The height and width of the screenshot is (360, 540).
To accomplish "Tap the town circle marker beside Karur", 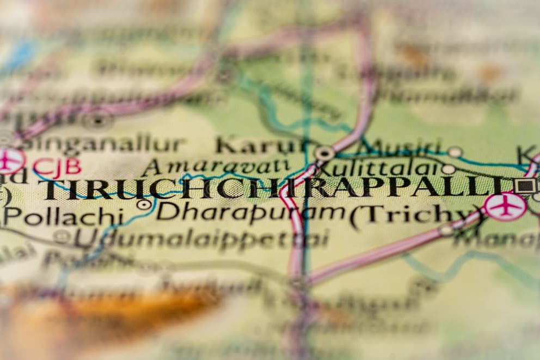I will [x=325, y=154].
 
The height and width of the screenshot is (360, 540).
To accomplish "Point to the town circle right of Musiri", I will [x=455, y=152].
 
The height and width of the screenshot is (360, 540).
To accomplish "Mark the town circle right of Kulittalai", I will [x=448, y=169].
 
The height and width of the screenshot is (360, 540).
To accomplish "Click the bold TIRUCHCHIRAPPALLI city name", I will [x=272, y=188].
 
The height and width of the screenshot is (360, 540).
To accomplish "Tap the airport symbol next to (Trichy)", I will [x=506, y=207].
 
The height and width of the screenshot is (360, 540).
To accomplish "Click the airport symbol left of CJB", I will [x=10, y=160].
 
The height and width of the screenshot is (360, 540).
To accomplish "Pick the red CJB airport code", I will [x=57, y=166].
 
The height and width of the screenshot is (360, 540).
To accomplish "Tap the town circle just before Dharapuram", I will [x=144, y=205].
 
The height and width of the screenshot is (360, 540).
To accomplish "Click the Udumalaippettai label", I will [x=201, y=239].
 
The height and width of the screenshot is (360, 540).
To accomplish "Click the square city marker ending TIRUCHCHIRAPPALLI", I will [x=525, y=185].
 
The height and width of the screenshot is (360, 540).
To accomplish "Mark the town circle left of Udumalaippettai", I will [x=62, y=236].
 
